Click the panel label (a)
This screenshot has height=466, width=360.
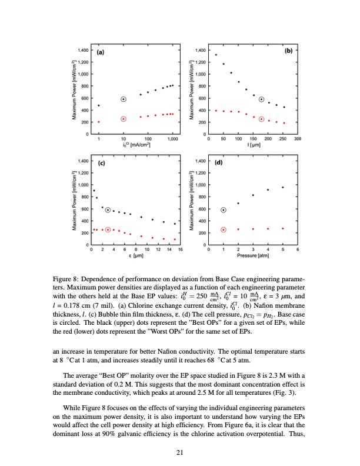pos(101,52)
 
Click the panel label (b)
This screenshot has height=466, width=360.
pos(289,51)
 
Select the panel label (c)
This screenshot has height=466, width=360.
pos(101,163)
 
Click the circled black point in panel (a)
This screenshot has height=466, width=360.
pos(124,99)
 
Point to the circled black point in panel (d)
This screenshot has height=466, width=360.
pos(224,210)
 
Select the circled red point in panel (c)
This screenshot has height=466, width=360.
pos(108,229)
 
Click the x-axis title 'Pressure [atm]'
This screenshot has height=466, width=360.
pos(253,257)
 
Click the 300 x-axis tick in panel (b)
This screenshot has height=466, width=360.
pos(298,139)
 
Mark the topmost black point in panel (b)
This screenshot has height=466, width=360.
pos(216,55)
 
